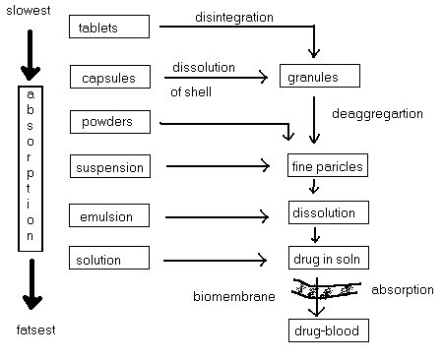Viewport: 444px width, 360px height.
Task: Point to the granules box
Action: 317,76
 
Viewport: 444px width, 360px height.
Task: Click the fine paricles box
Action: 326,166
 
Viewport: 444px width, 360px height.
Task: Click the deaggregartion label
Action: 377,114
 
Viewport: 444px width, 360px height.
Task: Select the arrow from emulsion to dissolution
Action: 217,216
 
